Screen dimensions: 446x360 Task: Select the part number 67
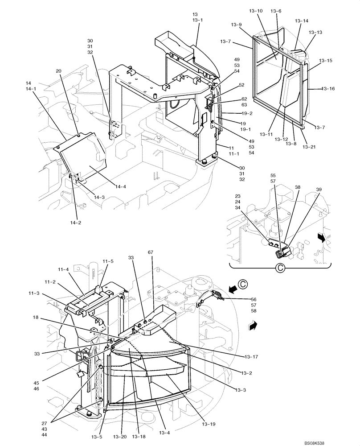pyautogui.click(x=150, y=252)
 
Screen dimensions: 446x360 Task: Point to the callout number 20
pyautogui.click(x=59, y=71)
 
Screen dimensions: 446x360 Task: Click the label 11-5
pyautogui.click(x=108, y=261)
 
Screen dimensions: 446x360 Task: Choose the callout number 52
pyautogui.click(x=241, y=85)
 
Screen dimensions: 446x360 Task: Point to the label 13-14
pyautogui.click(x=302, y=21)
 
